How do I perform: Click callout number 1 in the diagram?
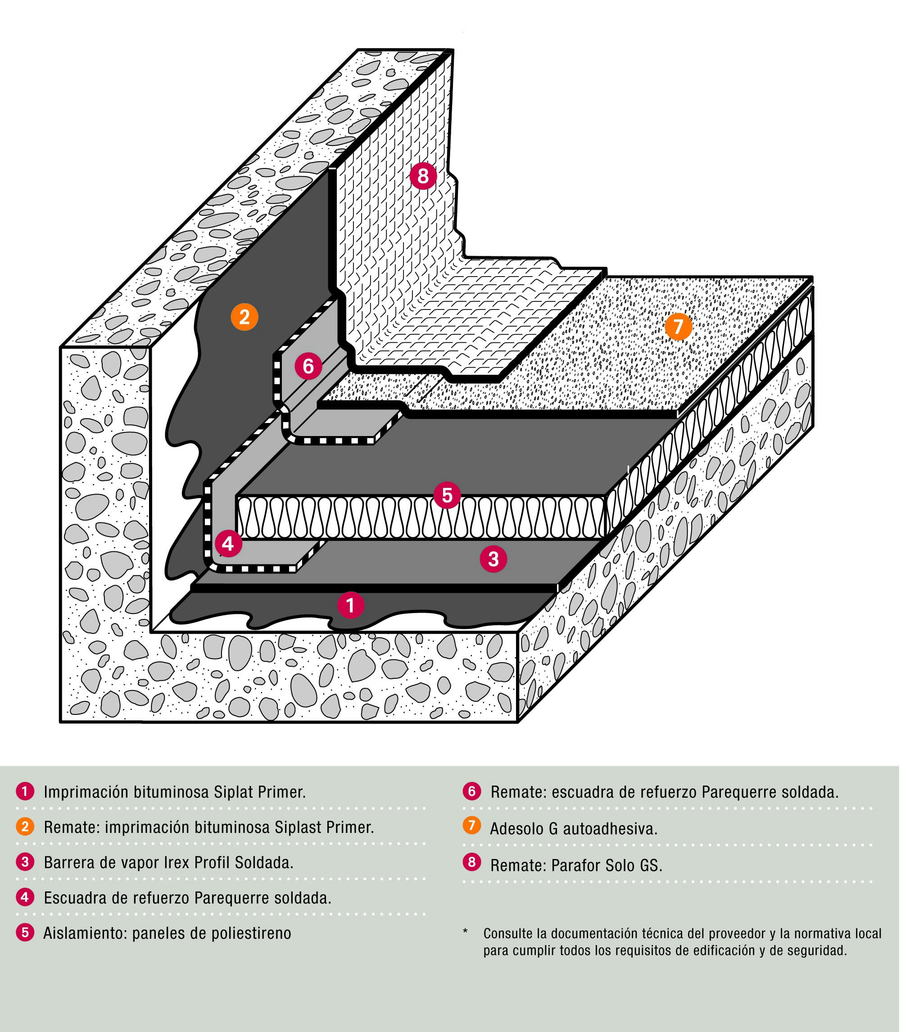coord(350,605)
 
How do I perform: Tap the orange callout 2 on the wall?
coord(244,317)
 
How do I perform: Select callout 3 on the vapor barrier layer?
coord(493,559)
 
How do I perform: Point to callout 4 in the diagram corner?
coord(228,544)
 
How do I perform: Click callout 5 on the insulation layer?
coord(447,496)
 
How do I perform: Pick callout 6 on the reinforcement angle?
coord(308,366)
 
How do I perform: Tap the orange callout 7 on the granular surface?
coord(678,327)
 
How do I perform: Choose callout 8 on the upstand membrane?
coord(423,176)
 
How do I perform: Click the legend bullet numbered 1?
coord(25,791)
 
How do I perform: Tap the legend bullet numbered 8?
coord(471,862)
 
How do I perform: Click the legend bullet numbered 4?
coord(25,897)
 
